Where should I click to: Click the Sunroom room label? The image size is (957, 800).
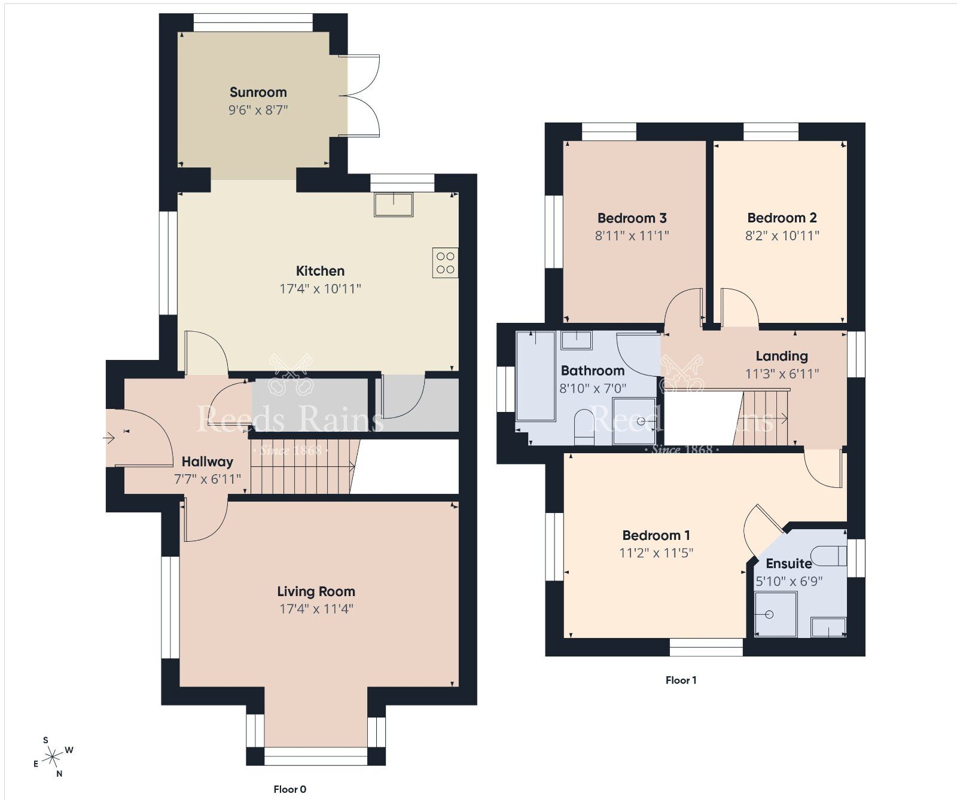click(258, 92)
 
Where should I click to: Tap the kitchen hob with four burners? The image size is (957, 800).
click(445, 262)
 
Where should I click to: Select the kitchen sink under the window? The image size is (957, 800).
click(394, 204)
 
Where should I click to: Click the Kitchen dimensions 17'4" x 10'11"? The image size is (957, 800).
click(320, 289)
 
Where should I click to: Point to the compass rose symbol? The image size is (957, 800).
click(53, 757)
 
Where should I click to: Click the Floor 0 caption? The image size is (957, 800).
click(289, 789)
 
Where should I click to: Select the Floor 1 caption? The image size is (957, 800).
click(681, 680)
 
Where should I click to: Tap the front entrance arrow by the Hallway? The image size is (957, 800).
click(109, 438)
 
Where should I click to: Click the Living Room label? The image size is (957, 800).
click(316, 591)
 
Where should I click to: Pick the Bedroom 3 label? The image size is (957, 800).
click(632, 218)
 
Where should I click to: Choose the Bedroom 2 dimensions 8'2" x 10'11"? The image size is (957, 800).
click(782, 236)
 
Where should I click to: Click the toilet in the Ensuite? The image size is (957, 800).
click(833, 555)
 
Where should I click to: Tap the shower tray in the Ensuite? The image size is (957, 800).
click(775, 614)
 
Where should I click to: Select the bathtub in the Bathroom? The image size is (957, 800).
click(535, 375)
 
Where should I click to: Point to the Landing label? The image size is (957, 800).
click(781, 356)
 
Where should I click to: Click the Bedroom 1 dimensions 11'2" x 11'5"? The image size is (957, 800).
click(656, 553)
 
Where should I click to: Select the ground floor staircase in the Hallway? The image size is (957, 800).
click(302, 466)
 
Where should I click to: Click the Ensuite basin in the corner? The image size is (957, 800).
click(828, 627)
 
